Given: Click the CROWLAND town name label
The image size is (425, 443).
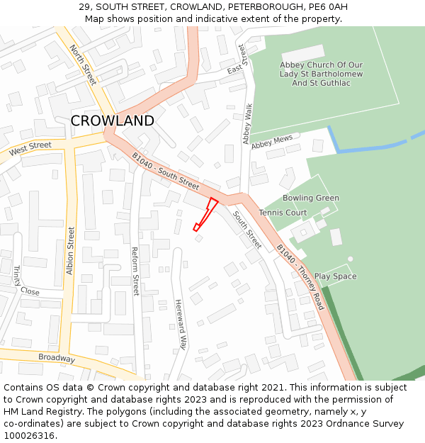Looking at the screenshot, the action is click(112, 121).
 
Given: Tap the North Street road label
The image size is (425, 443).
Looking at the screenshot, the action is click(83, 65).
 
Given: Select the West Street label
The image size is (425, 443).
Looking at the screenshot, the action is click(30, 149).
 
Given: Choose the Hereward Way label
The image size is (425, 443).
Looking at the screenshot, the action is click(181, 324).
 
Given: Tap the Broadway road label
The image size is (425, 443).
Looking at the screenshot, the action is click(57, 359).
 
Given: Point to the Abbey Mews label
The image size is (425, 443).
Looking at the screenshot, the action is click(271, 142).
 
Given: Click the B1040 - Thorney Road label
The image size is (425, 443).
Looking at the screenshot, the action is click(300, 277).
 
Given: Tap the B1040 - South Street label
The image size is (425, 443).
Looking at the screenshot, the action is click(166, 171).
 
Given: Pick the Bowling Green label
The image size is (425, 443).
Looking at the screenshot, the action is click(311, 198).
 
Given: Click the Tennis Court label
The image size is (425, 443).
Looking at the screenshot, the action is click(283, 213).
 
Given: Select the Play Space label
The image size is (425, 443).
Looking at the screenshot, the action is click(336, 276).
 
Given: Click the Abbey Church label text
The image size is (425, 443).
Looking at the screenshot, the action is click(322, 74).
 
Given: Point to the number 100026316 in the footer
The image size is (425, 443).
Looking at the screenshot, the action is click(30, 435).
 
